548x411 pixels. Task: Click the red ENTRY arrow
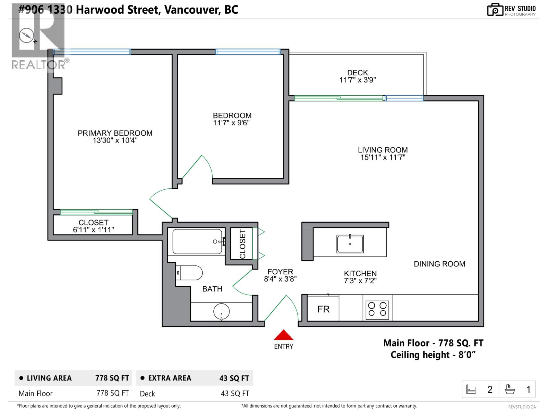tap(283, 335)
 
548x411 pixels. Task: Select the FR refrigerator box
tap(323, 309)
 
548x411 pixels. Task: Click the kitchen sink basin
tap(350, 244)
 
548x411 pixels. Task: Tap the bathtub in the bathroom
tap(197, 241)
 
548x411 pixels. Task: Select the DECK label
tap(357, 73)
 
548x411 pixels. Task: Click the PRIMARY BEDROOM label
tap(115, 133)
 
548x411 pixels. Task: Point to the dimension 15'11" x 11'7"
tap(383, 158)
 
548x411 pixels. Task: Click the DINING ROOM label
tap(439, 264)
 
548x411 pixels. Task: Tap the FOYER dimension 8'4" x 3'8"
tap(280, 279)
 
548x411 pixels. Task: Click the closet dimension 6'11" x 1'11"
tap(93, 230)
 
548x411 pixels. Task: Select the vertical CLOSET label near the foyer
tap(242, 244)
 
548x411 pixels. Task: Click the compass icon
tap(26, 35)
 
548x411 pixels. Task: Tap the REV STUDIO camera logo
tap(495, 10)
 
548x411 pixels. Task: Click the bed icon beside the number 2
tap(471, 389)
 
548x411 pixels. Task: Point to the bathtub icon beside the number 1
tap(510, 389)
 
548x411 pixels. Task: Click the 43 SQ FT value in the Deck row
tap(235, 394)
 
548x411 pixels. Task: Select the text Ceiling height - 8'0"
tap(433, 355)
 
